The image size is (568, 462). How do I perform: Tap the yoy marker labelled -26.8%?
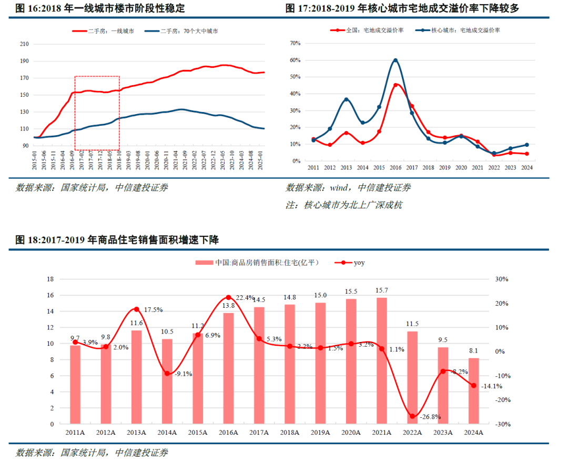pyautogui.click(x=412, y=416)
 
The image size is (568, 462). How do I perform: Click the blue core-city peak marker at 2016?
pyautogui.click(x=395, y=61)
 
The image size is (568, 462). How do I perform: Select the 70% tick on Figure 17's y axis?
pyautogui.click(x=295, y=43)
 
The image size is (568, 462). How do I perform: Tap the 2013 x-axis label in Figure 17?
pyautogui.click(x=346, y=168)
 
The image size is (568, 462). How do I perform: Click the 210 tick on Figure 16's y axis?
pyautogui.click(x=24, y=44)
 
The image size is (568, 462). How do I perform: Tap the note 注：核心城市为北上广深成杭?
pyautogui.click(x=344, y=205)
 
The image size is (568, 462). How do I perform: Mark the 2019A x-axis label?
pyautogui.click(x=320, y=433)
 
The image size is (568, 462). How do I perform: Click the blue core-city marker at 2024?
pyautogui.click(x=526, y=145)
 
